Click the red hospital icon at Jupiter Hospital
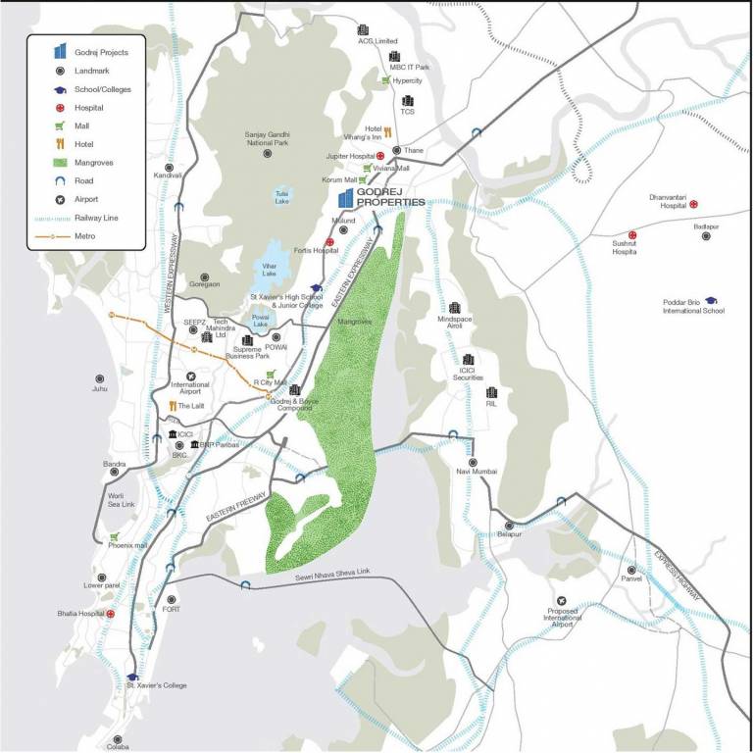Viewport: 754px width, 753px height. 379,156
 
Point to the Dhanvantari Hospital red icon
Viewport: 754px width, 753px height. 693,204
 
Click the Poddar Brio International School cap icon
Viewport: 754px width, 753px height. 710,300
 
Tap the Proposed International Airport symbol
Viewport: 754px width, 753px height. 561,600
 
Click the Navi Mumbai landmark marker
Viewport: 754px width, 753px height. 472,462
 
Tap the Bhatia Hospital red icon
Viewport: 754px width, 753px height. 111,614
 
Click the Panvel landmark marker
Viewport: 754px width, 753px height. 632,569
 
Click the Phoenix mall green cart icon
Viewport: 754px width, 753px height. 115,536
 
